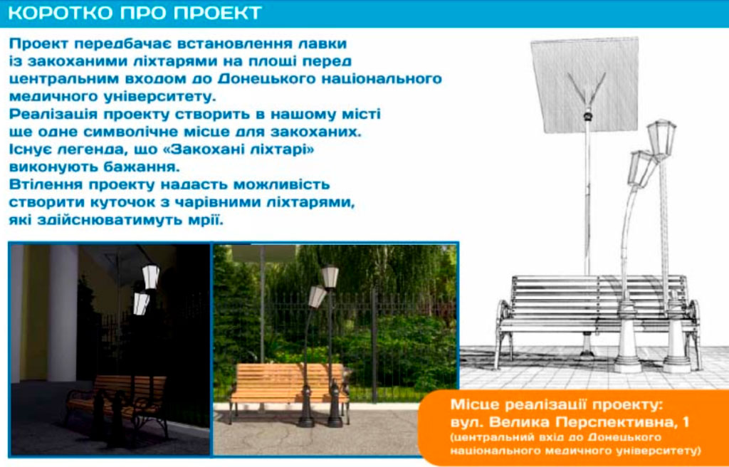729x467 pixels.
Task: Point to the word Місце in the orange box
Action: pyautogui.click(x=475, y=404)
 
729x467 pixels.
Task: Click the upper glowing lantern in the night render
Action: pyautogui.click(x=150, y=277)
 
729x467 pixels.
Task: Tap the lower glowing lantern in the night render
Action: pyautogui.click(x=141, y=303)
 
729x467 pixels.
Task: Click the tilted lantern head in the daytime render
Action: pyautogui.click(x=317, y=297)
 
